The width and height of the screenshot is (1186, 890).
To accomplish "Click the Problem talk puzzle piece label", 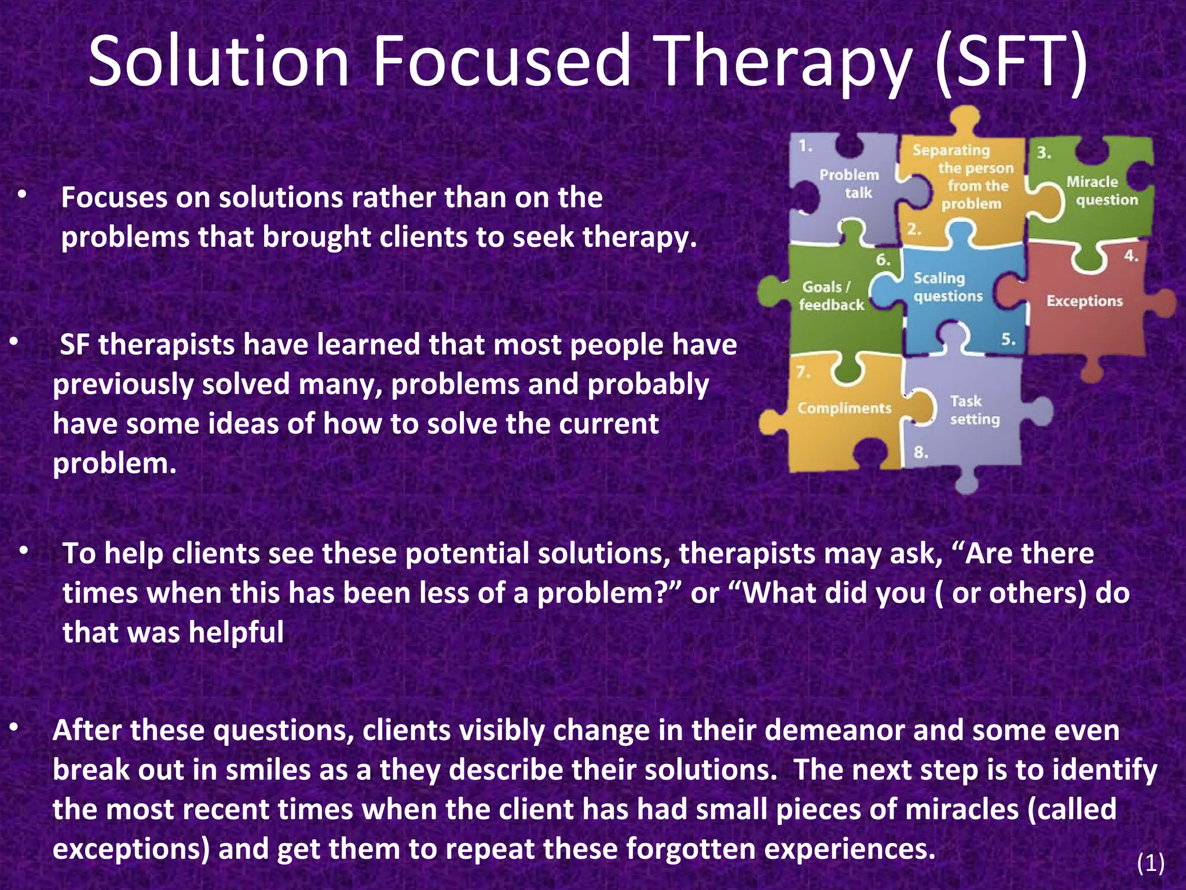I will pyautogui.click(x=850, y=184).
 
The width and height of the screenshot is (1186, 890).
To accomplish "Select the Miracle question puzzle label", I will pyautogui.click(x=1102, y=191).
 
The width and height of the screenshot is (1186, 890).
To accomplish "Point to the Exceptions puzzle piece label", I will pyautogui.click(x=1084, y=301).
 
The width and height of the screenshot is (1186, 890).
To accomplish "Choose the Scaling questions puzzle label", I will pyautogui.click(x=947, y=287).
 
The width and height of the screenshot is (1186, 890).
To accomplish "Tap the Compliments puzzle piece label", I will pyautogui.click(x=844, y=408).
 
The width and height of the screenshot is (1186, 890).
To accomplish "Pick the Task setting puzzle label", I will pyautogui.click(x=974, y=410).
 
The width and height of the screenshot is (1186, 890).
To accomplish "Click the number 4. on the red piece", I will pyautogui.click(x=1130, y=256).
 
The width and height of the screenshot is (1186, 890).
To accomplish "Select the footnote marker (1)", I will pyautogui.click(x=1150, y=864).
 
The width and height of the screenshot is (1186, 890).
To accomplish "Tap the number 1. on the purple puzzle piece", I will pyautogui.click(x=805, y=146).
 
